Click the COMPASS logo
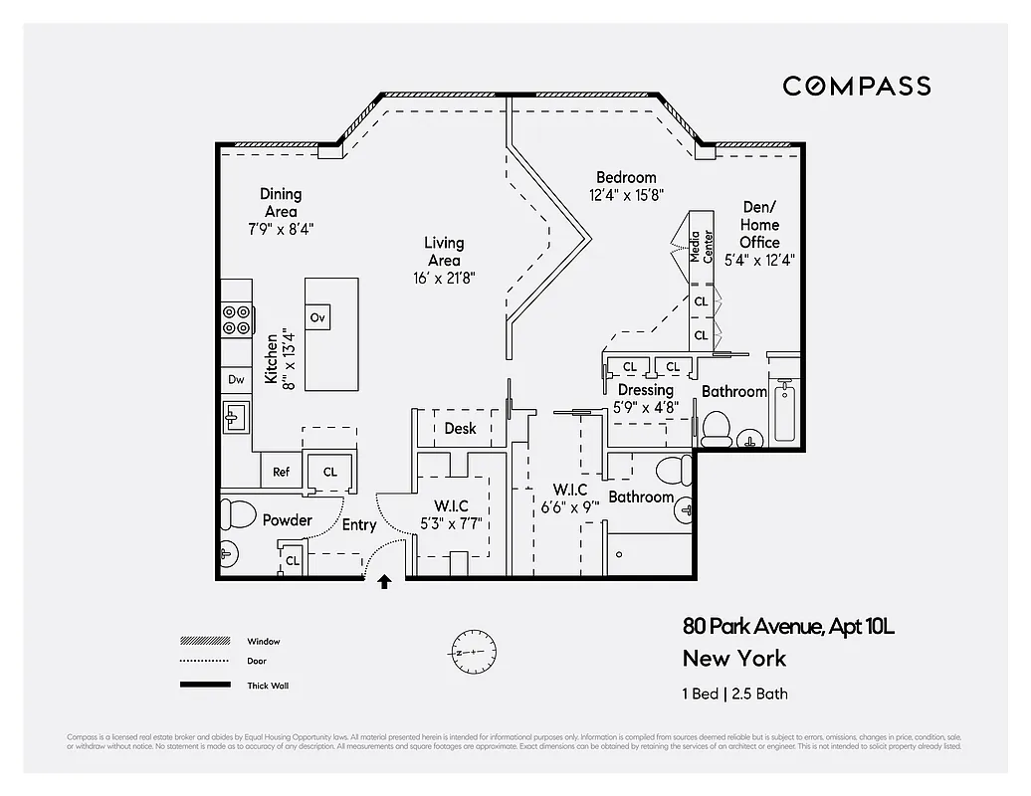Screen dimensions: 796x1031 [x=856, y=87]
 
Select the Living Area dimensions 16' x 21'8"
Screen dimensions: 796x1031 [x=444, y=279]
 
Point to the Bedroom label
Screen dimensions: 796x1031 [x=626, y=177]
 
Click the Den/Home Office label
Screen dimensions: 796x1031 [x=759, y=225]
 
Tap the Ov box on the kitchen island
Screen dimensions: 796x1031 [x=317, y=317]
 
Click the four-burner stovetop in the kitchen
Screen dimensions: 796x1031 [x=236, y=319]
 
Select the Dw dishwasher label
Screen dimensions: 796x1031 [x=236, y=379]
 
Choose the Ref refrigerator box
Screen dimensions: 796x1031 [x=282, y=472]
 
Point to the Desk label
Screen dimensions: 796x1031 [x=460, y=429]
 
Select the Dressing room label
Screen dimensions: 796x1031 [x=646, y=390]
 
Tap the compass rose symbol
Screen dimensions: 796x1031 [x=473, y=652]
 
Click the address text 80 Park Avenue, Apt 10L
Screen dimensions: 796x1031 [x=788, y=627]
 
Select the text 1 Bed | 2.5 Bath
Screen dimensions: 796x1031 [x=734, y=694]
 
